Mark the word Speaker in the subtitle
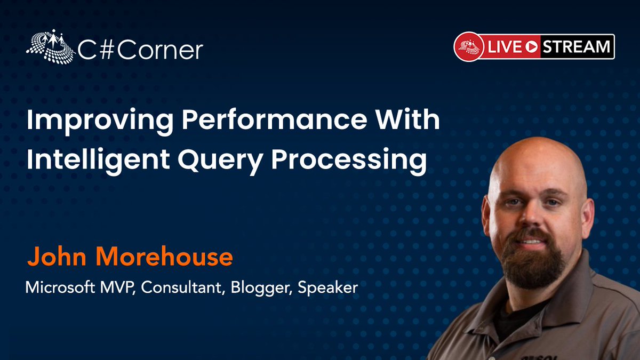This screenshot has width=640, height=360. tap(328, 289)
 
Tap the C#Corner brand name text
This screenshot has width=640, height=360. tap(140, 50)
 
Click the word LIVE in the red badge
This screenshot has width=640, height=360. tap(503, 47)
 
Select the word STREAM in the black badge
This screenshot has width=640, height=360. tap(577, 47)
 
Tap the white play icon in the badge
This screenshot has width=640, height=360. tap(531, 47)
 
